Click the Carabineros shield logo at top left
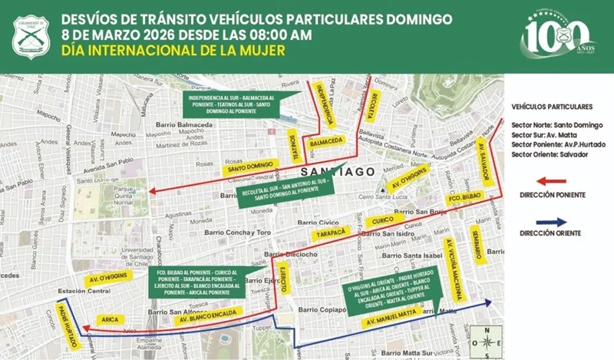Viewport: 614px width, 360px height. [31, 36]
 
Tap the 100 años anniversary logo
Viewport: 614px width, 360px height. [558, 36]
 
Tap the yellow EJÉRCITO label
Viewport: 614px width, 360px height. [283, 278]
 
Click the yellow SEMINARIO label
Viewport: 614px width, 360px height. [477, 245]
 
